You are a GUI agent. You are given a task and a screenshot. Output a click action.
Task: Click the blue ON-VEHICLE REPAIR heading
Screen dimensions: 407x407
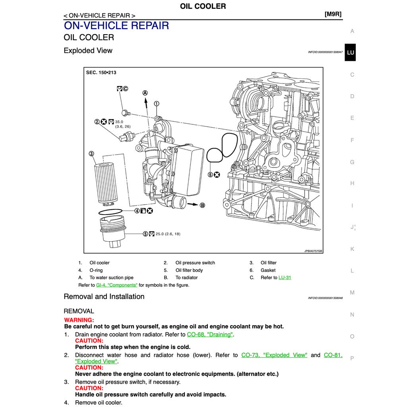[116, 26]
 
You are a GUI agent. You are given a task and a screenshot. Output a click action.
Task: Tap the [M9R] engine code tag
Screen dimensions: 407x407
[333, 14]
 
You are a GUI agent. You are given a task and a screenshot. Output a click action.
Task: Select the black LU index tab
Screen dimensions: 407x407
[350, 52]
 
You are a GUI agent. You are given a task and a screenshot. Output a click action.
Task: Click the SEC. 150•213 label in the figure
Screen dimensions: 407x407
[101, 73]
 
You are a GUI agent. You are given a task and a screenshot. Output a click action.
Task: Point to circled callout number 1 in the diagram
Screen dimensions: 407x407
[157, 103]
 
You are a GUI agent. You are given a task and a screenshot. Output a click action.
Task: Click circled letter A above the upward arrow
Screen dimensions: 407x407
[145, 93]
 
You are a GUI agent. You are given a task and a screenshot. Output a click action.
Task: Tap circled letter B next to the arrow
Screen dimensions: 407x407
[202, 205]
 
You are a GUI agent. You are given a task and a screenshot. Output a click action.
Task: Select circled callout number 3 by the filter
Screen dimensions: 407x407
[91, 154]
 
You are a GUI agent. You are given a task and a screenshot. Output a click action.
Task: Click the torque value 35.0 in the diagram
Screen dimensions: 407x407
[119, 122]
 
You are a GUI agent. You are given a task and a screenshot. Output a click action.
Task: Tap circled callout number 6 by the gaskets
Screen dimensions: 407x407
[210, 174]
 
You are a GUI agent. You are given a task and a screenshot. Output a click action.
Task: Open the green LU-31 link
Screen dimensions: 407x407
[285, 277]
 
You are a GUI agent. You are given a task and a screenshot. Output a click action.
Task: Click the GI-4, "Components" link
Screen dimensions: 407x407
[116, 285]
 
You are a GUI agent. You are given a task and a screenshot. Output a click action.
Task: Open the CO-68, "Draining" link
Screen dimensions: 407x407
[209, 335]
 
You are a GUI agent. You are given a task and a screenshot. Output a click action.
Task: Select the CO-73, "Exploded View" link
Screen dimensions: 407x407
[274, 355]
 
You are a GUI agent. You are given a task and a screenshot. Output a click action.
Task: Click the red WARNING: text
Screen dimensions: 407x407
[79, 320]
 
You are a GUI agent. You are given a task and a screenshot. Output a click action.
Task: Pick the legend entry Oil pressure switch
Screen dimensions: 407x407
[195, 263]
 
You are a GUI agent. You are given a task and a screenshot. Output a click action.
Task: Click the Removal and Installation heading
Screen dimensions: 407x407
[104, 297]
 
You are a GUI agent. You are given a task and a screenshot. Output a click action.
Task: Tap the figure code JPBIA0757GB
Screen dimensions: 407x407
[313, 251]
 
